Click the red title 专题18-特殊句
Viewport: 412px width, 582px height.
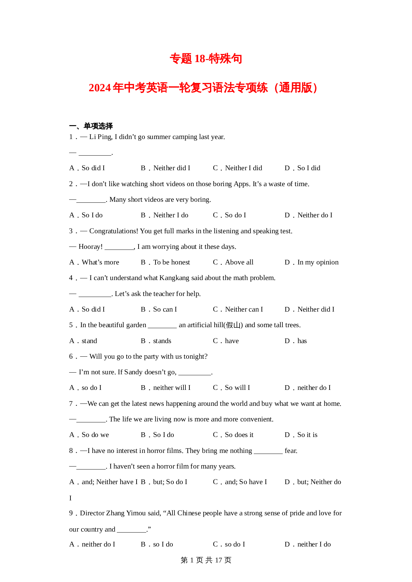[x=206, y=59]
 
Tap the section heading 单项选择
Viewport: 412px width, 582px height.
[x=98, y=126]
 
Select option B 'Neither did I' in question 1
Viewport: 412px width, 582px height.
[x=171, y=168]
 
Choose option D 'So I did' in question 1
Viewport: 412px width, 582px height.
[x=308, y=168]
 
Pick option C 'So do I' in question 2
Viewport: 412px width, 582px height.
[x=235, y=215]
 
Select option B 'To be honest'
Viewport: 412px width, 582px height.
[x=171, y=262]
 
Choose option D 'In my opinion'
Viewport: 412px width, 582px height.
[x=318, y=262]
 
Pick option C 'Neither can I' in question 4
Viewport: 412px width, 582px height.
[x=244, y=310]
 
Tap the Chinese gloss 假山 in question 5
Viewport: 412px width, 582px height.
[x=233, y=325]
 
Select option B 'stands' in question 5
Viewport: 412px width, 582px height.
[x=162, y=341]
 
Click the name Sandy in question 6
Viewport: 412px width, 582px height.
[x=133, y=372]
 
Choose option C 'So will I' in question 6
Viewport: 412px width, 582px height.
[x=237, y=388]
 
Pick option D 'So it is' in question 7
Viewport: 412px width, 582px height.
[x=307, y=435]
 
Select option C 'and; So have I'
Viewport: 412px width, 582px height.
[x=246, y=482]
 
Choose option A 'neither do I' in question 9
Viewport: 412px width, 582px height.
[x=98, y=545]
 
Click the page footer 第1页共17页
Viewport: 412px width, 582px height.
[x=206, y=560]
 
